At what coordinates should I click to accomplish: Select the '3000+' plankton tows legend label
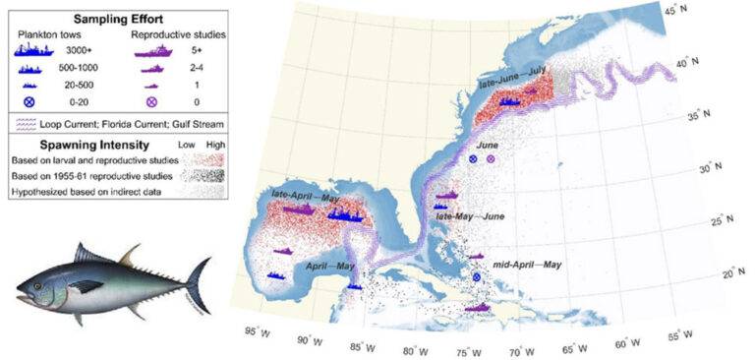(88, 47)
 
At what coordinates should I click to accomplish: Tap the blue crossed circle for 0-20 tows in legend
(41, 101)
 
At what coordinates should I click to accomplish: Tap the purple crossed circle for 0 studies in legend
(152, 101)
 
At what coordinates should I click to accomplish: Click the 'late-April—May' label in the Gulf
(307, 195)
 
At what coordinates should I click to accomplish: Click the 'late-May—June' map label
(470, 215)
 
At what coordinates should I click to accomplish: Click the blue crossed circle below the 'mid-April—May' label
(477, 278)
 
